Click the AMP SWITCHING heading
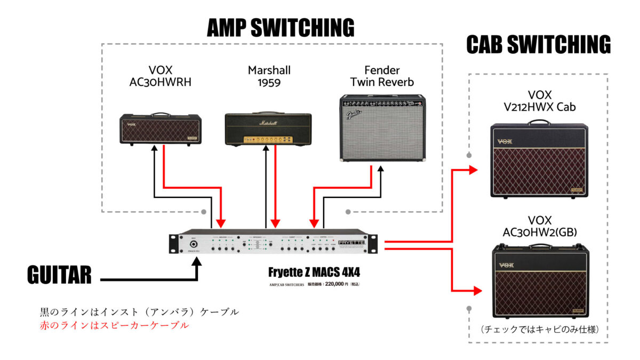(281, 27)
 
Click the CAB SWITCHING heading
(538, 45)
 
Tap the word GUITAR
(59, 276)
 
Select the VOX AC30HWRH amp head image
(159, 129)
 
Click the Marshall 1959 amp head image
(268, 129)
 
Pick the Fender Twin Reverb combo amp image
(382, 128)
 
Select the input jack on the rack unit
(191, 245)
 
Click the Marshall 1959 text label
(269, 76)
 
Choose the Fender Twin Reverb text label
(382, 76)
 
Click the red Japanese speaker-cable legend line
(114, 325)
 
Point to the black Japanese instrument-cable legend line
(139, 311)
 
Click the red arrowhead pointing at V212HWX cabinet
(473, 170)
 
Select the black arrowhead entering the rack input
(198, 261)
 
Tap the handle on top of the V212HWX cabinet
(539, 122)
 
